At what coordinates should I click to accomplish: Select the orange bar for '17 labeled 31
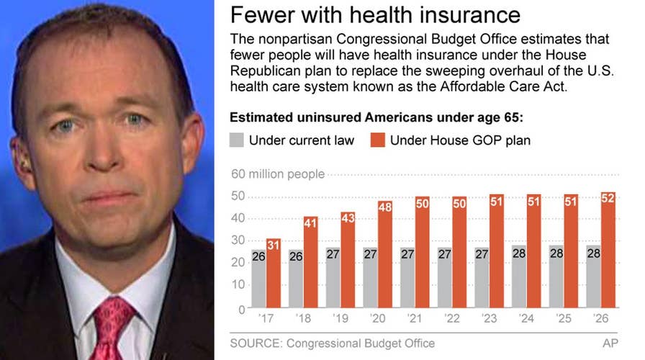274,274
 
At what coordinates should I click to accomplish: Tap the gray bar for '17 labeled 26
258,281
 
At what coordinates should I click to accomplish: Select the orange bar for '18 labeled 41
311,262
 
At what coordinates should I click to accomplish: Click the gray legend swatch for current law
237,140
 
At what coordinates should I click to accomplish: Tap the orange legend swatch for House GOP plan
377,140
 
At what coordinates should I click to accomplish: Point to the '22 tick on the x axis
451,317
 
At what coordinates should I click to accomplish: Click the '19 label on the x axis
340,317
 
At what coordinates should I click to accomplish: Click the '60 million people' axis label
277,174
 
